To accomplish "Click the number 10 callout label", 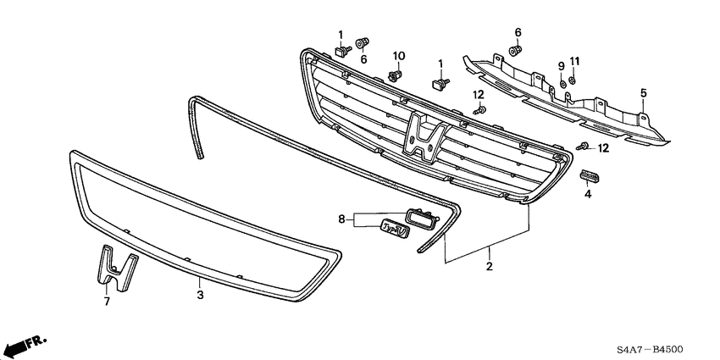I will click(x=398, y=56).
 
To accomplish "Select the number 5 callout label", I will click(x=643, y=92).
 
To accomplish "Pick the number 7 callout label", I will click(x=107, y=300).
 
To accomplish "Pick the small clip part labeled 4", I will click(x=589, y=175).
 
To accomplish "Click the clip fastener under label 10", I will click(x=394, y=75).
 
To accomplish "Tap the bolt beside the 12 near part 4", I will click(x=583, y=147).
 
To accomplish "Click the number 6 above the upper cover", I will click(x=518, y=32).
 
